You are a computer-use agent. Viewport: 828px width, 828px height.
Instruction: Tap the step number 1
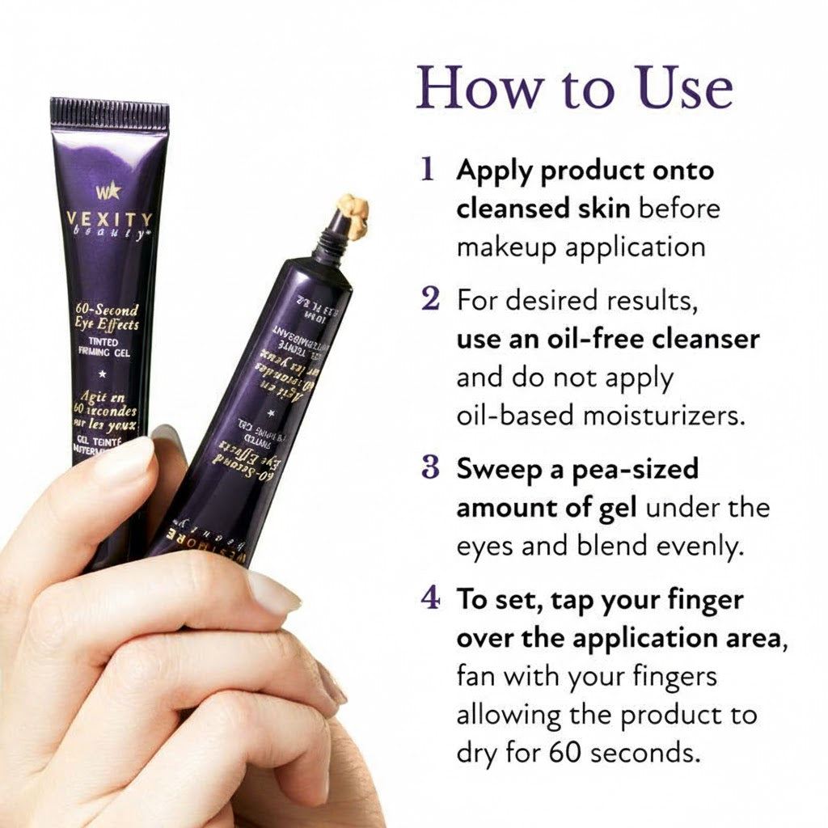(429, 170)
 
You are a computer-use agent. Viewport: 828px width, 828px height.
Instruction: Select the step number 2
(430, 300)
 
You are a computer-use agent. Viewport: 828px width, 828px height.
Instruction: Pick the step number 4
(430, 600)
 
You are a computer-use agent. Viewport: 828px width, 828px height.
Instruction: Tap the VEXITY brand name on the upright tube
(110, 219)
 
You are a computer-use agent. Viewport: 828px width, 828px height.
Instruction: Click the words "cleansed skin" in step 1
(543, 209)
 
